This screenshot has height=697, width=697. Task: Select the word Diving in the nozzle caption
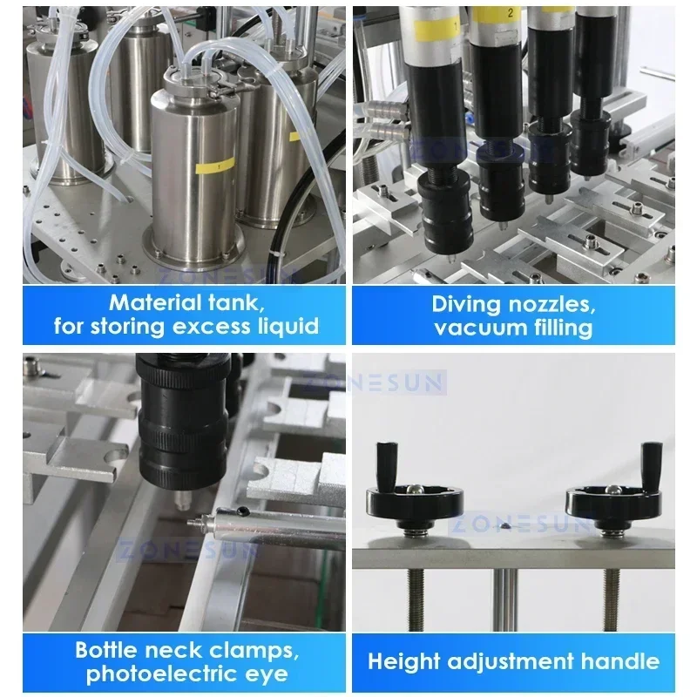coord(469,304)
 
